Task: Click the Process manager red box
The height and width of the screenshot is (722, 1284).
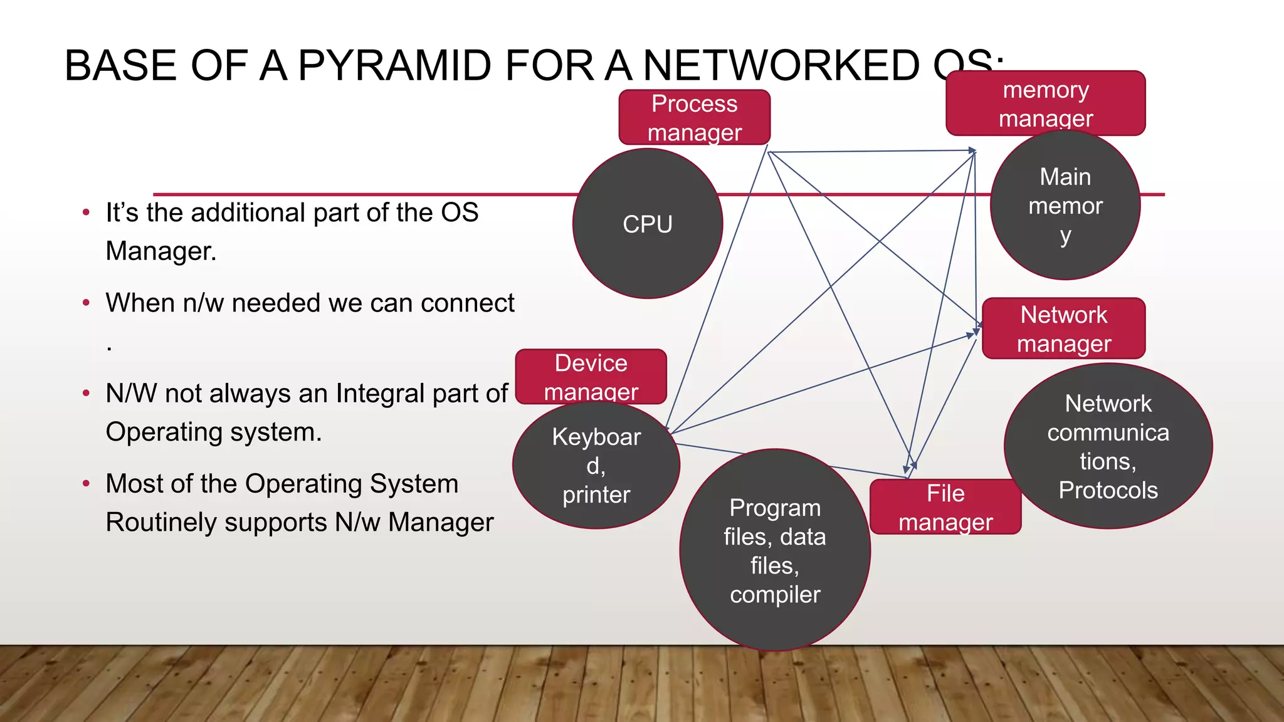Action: [x=694, y=118]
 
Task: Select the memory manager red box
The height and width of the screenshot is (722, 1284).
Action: [x=1045, y=103]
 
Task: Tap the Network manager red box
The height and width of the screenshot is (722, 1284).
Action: [x=1063, y=328]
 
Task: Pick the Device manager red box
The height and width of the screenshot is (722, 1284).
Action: [x=591, y=377]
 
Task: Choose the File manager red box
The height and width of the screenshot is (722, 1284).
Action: [x=945, y=507]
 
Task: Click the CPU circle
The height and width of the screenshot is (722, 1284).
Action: [x=648, y=224]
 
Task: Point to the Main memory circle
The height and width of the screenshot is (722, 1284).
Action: [x=1065, y=206]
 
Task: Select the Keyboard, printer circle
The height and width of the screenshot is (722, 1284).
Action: [x=596, y=466]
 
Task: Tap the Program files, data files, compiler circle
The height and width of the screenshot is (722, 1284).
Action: [x=775, y=550]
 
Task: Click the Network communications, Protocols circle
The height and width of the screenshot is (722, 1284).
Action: [x=1108, y=446]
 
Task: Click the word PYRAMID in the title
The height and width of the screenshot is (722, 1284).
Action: [x=394, y=66]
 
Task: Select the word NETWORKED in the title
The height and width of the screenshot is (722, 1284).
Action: [x=781, y=66]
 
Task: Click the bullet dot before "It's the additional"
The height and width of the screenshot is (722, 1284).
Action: [x=86, y=212]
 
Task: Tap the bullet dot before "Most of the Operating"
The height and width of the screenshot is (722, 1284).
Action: [x=86, y=484]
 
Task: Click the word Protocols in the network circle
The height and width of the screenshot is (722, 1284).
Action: [x=1108, y=490]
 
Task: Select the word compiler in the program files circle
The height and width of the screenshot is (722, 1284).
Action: [x=775, y=594]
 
